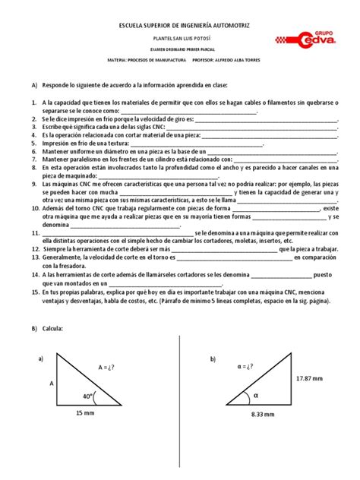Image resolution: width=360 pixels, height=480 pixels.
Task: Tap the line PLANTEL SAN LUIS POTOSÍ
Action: tap(179, 38)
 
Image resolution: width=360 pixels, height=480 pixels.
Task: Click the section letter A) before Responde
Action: tap(33, 86)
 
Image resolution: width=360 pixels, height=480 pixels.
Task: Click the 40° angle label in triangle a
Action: tap(90, 396)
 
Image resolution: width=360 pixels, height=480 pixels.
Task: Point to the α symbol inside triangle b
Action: tap(255, 395)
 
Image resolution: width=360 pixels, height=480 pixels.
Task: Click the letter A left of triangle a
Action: tap(52, 384)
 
